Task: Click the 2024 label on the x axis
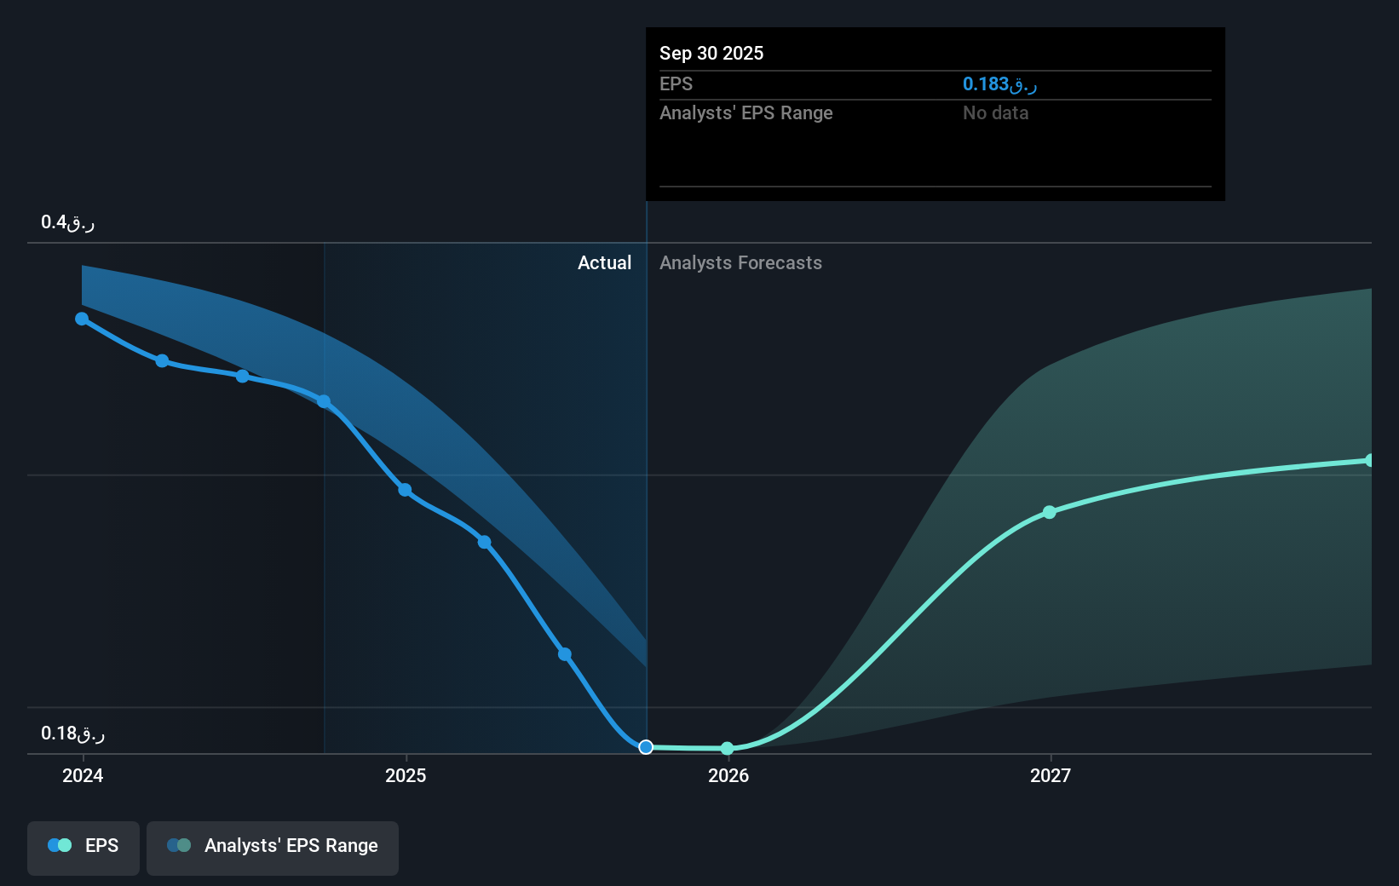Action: point(83,775)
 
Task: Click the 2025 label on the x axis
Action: point(406,775)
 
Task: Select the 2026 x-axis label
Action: point(728,775)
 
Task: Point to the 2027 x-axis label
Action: point(1051,775)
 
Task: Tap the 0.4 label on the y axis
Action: point(67,222)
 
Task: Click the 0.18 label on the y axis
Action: point(72,734)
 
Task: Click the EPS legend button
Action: point(83,846)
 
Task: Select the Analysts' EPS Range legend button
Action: point(273,846)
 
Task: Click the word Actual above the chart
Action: point(604,262)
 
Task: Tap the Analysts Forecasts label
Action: point(740,262)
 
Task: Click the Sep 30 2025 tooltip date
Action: point(711,53)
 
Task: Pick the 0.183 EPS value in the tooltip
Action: point(999,83)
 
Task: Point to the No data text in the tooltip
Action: point(995,112)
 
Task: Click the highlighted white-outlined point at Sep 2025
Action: point(646,747)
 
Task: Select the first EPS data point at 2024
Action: point(82,319)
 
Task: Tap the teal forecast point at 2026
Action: point(727,749)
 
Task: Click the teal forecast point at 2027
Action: point(1050,512)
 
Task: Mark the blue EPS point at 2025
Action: point(405,490)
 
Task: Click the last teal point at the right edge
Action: point(1370,460)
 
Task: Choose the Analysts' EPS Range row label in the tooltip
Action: point(746,112)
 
